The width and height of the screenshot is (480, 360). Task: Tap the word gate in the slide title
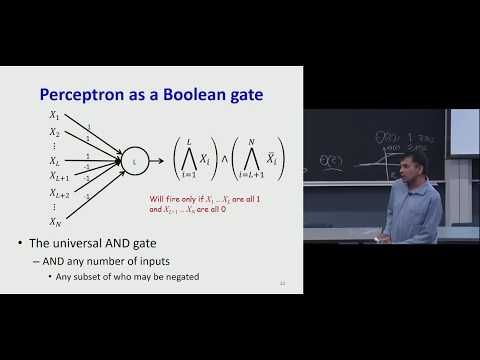point(248,95)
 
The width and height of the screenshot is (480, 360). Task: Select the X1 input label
point(55,116)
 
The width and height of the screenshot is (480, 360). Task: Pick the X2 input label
point(55,132)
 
